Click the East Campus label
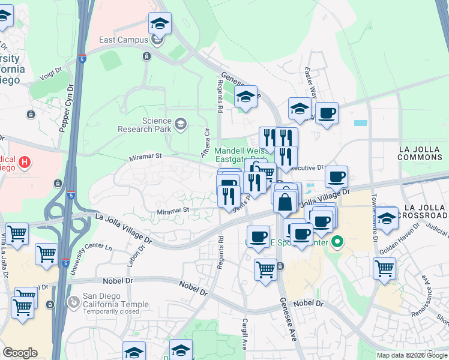click(x=124, y=40)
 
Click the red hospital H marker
click(x=25, y=161)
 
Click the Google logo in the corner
click(x=20, y=353)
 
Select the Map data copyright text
click(x=411, y=355)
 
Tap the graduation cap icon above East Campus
click(x=160, y=24)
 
